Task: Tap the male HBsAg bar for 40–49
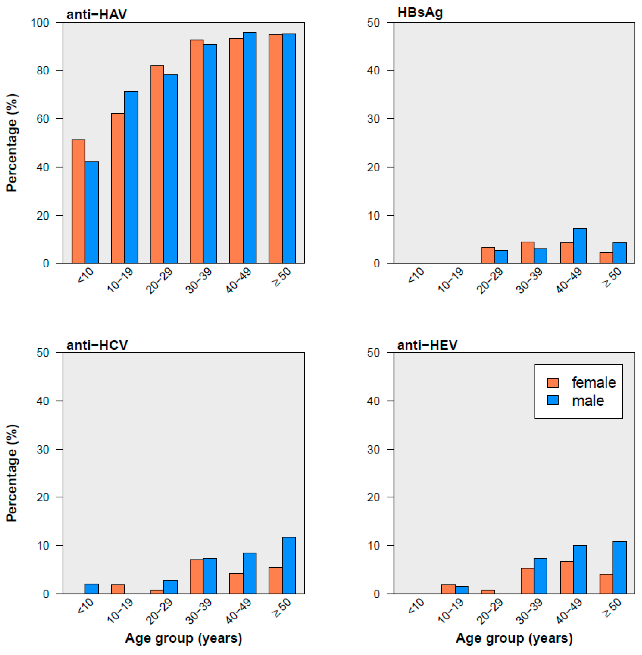[580, 246]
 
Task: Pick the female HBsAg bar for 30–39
[527, 253]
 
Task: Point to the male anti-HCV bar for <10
[91, 589]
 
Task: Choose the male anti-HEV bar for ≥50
[619, 568]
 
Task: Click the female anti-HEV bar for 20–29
[488, 592]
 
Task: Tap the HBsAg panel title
[420, 13]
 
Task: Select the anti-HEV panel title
[427, 345]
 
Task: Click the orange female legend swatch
[553, 383]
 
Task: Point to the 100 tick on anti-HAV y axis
[40, 23]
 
